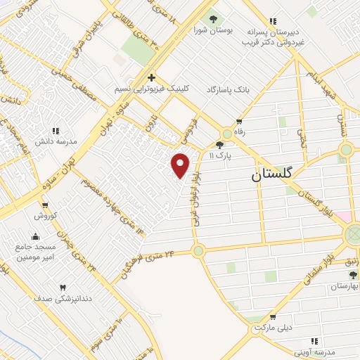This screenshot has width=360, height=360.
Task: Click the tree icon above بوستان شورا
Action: [x=213, y=18]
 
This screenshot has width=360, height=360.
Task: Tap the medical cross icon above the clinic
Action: [x=151, y=77]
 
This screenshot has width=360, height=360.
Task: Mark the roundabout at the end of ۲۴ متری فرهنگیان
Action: [x=198, y=250]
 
